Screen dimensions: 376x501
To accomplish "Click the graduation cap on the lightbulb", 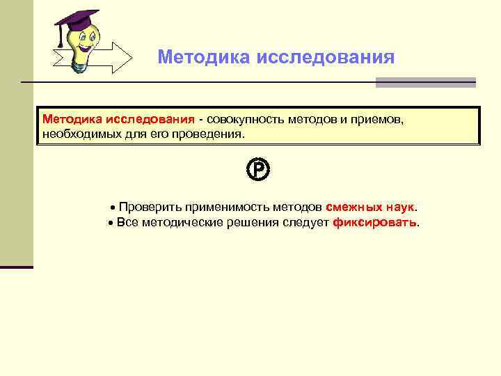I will coord(77,21).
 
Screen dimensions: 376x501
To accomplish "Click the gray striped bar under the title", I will coord(425,82).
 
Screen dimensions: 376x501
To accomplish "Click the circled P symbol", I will coord(257,169).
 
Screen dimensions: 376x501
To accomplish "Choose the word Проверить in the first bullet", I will coord(149,207).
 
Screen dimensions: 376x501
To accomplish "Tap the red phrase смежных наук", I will coord(369,207).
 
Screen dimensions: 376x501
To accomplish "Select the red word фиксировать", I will coord(376,223).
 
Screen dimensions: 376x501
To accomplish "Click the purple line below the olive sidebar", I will coord(16,267).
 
